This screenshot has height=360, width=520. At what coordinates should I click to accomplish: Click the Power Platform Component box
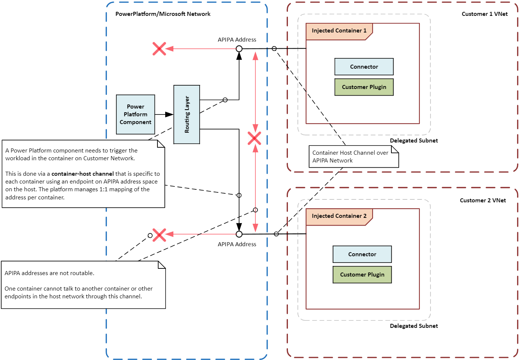point(135,114)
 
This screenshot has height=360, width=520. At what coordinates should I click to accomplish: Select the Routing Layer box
point(187,114)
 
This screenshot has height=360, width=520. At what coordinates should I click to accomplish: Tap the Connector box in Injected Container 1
point(364,67)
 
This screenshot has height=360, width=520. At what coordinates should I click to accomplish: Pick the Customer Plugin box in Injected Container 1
point(364,87)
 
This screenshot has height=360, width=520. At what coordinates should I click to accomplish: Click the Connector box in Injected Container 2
point(362,254)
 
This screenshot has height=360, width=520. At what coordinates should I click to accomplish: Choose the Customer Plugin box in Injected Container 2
point(362,275)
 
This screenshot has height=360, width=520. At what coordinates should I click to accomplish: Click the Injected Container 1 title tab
point(339,31)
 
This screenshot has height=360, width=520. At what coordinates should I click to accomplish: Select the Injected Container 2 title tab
point(339,216)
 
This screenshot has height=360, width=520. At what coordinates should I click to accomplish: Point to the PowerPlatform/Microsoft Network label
point(163,14)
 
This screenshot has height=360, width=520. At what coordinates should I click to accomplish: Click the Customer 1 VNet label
point(485,14)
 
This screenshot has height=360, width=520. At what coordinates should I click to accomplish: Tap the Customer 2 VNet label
point(483,200)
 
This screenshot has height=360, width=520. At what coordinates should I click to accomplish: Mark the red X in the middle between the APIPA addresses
point(254,138)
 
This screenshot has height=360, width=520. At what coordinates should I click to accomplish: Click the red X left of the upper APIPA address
point(159,49)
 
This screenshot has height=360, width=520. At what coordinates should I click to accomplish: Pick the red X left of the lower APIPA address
point(159,235)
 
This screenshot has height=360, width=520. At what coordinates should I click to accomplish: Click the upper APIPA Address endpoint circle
point(239,49)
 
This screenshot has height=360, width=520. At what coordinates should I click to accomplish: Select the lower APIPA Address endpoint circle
point(239,234)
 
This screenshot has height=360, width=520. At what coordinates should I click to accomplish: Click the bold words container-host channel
point(82,174)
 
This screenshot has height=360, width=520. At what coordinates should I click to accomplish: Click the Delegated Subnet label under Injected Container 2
point(414,326)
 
